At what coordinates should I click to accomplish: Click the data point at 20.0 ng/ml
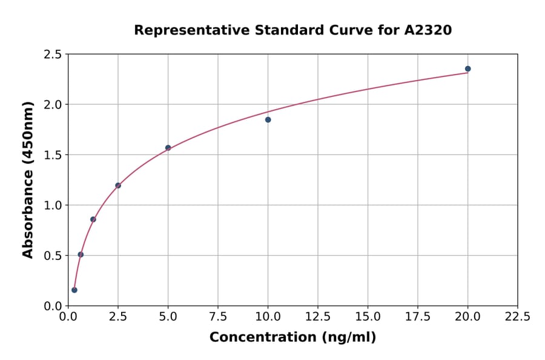(467, 69)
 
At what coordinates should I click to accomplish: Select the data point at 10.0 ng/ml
(268, 120)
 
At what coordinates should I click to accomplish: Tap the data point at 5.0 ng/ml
(168, 148)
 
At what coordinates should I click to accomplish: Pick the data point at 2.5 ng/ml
(118, 185)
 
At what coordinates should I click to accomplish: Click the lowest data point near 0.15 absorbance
(74, 290)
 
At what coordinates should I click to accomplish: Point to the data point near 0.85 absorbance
(93, 219)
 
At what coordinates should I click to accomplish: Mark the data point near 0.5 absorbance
(81, 255)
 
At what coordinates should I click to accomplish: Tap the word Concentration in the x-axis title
(262, 338)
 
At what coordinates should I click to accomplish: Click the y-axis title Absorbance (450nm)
(28, 179)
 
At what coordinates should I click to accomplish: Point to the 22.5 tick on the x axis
(517, 317)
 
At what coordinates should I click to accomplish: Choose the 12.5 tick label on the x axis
(318, 317)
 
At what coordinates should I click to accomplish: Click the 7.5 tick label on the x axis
(218, 317)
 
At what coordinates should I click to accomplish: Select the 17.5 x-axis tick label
(418, 317)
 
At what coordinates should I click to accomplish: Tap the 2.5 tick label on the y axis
(52, 55)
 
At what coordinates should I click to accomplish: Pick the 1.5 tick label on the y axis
(52, 155)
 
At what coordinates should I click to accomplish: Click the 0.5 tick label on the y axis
(52, 256)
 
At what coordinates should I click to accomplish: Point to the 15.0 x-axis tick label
(368, 317)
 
